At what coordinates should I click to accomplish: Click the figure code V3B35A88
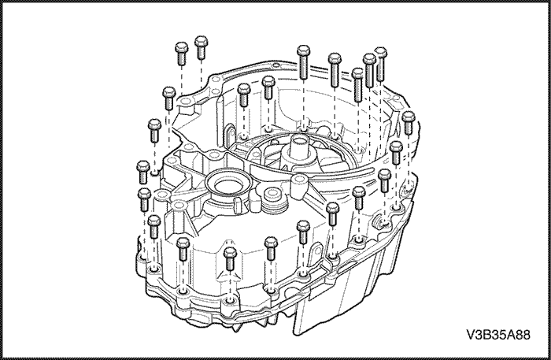point(498,335)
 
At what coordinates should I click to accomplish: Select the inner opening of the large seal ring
point(227,185)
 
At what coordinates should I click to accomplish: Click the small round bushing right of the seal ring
point(272,194)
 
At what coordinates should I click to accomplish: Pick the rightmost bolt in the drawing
point(408,123)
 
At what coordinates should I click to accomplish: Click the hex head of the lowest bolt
point(230,252)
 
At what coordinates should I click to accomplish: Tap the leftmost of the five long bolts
point(303,62)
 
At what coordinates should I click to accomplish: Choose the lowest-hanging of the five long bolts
point(357,85)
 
